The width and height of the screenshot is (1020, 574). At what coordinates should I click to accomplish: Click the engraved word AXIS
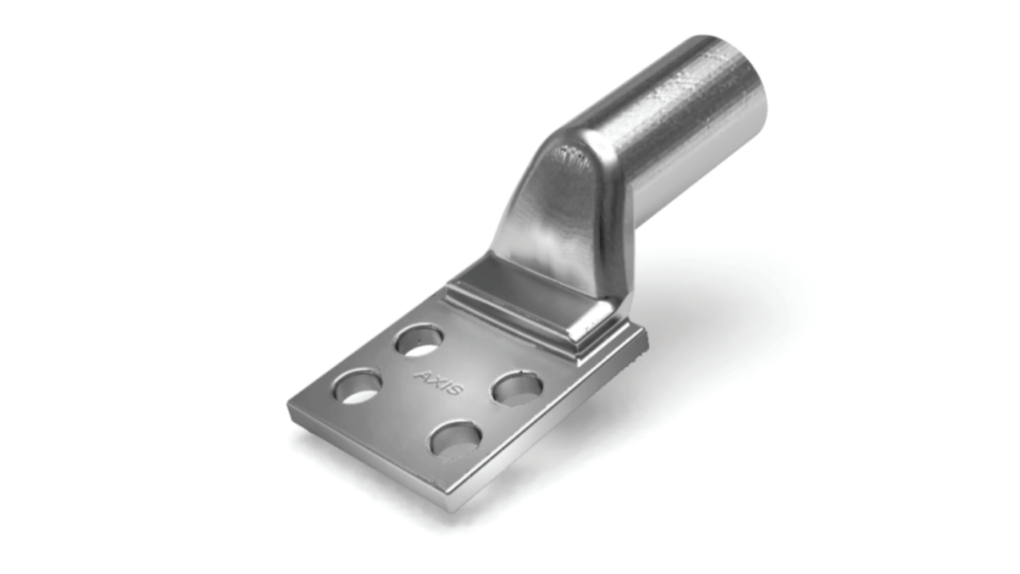438,383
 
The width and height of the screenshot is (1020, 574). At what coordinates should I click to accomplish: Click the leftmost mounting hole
357,386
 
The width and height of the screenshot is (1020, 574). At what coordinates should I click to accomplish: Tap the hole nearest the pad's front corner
456,437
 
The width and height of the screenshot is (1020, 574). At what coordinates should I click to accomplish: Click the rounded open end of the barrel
732,90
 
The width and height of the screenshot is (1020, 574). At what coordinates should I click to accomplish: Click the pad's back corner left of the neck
441,289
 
